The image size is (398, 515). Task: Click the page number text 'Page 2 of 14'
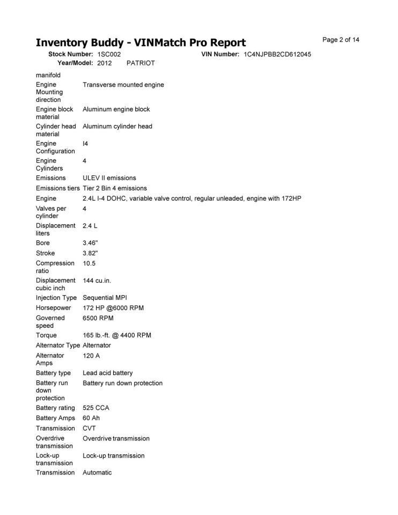click(341, 40)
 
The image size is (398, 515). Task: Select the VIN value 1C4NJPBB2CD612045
click(277, 54)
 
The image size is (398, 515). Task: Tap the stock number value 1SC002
click(109, 54)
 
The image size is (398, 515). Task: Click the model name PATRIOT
click(141, 63)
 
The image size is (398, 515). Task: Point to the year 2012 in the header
click(105, 63)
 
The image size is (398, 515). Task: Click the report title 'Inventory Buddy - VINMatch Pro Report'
click(141, 42)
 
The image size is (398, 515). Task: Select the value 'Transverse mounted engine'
click(123, 85)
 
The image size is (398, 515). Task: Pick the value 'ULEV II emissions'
click(109, 178)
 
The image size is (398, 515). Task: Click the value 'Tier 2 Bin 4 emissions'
click(115, 188)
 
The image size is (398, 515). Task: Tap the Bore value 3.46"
click(90, 243)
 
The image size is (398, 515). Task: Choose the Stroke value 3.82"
click(90, 253)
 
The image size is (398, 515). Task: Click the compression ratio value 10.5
click(89, 263)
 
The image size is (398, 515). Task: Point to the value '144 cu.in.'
click(97, 281)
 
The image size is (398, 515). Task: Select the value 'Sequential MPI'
click(105, 298)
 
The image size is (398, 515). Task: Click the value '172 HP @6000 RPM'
click(113, 308)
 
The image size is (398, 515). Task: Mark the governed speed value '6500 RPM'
click(98, 318)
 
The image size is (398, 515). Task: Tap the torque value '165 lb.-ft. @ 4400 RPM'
click(117, 335)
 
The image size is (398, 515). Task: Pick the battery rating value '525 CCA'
click(96, 408)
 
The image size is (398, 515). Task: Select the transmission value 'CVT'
click(90, 428)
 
